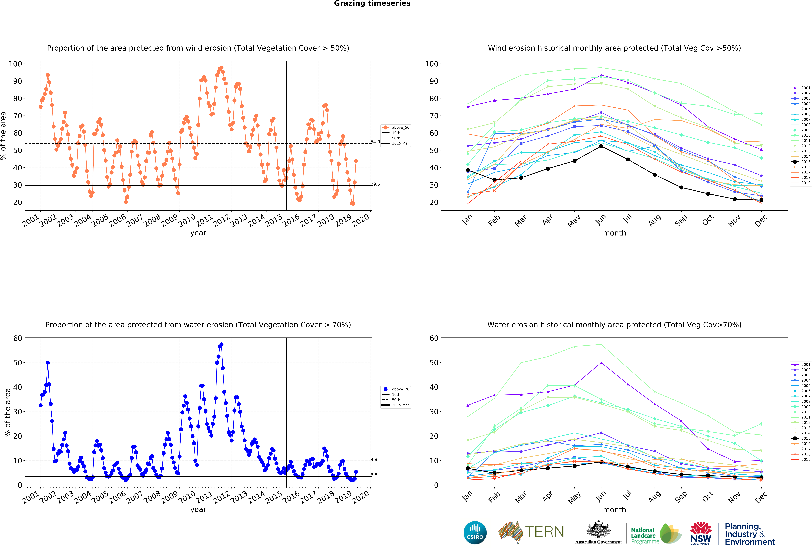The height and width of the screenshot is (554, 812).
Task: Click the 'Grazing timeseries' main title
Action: click(372, 3)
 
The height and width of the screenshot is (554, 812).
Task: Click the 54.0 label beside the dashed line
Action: click(375, 142)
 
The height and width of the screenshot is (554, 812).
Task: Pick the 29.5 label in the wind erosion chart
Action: click(375, 184)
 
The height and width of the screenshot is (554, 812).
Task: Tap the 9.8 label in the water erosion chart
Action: click(374, 459)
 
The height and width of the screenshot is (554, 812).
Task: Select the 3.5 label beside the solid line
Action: click(374, 475)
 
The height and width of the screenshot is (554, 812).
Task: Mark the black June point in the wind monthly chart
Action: click(601, 146)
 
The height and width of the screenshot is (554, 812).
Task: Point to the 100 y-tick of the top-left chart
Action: click(15, 64)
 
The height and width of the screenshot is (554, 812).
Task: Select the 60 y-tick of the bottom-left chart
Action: click(17, 338)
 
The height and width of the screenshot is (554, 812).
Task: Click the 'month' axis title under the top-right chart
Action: click(614, 233)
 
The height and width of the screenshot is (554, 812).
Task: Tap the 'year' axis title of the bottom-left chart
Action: click(198, 509)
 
